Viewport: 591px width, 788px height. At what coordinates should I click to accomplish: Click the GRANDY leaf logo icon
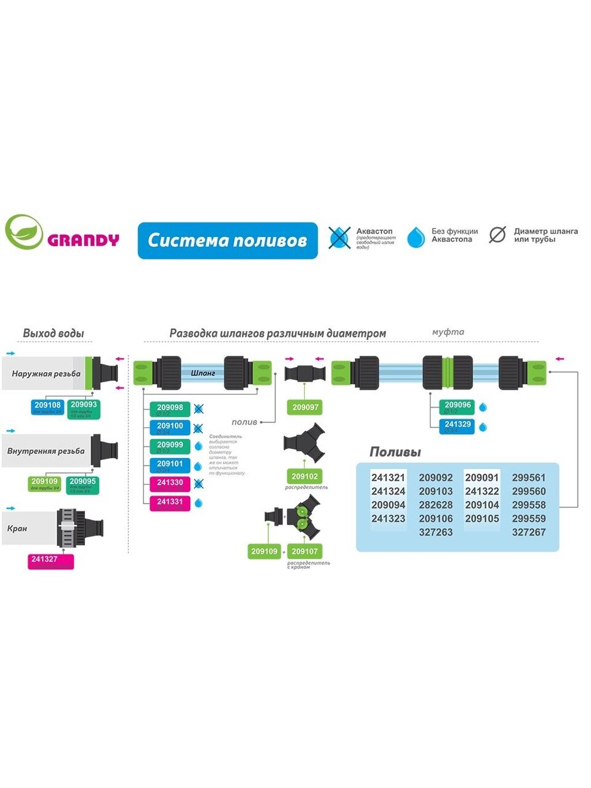pyautogui.click(x=23, y=232)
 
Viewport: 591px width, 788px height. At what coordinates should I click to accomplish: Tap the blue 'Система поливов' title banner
pyautogui.click(x=228, y=240)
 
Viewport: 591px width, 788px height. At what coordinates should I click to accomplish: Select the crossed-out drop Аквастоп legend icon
pyautogui.click(x=339, y=238)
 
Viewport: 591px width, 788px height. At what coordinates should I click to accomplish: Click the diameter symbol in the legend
pyautogui.click(x=497, y=235)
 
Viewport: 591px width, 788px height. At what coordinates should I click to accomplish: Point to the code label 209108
pyautogui.click(x=47, y=406)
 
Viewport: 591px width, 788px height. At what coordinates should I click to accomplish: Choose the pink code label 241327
pyautogui.click(x=50, y=561)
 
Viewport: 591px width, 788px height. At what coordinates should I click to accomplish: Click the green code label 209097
pyautogui.click(x=305, y=408)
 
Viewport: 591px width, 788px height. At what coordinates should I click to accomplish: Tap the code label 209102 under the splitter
pyautogui.click(x=305, y=476)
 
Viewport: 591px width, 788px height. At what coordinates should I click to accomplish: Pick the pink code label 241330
pyautogui.click(x=169, y=484)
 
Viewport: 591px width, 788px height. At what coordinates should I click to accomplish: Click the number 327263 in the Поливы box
pyautogui.click(x=436, y=532)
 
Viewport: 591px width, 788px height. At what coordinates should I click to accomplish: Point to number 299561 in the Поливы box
pyautogui.click(x=529, y=477)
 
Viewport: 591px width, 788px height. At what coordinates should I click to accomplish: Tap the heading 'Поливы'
pyautogui.click(x=395, y=452)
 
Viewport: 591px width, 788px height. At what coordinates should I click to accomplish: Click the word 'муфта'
pyautogui.click(x=448, y=332)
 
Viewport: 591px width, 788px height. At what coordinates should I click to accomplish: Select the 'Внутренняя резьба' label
pyautogui.click(x=46, y=451)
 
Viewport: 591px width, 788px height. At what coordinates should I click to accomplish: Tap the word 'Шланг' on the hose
pyautogui.click(x=203, y=373)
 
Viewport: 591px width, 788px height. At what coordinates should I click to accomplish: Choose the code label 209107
pyautogui.click(x=305, y=552)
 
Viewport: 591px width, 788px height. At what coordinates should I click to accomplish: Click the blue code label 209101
pyautogui.click(x=169, y=465)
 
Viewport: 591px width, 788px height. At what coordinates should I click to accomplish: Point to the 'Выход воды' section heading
pyautogui.click(x=54, y=333)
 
